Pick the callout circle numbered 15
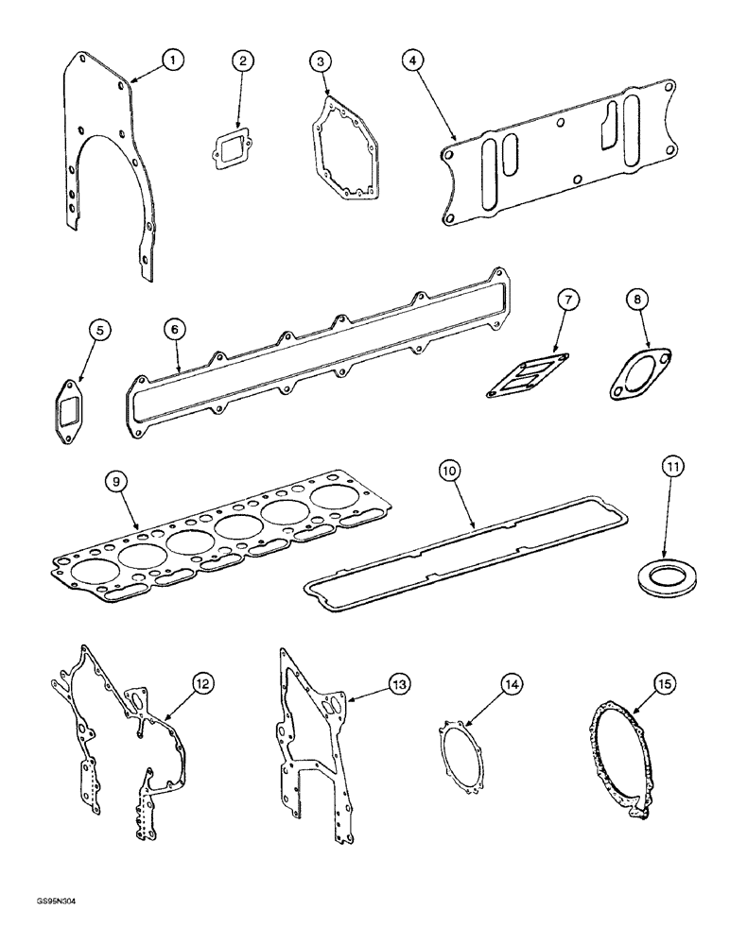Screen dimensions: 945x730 click(x=661, y=682)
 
